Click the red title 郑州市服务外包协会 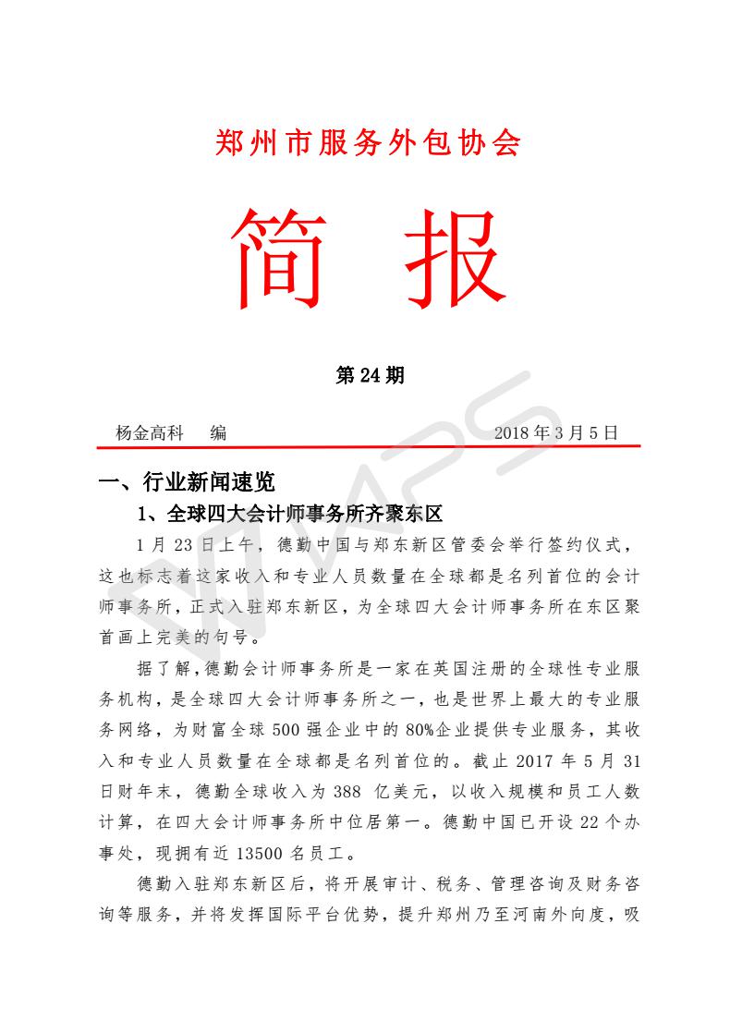(368, 142)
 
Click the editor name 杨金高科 (150, 432)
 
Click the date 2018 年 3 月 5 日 (555, 432)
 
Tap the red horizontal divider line (368, 447)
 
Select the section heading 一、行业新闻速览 (187, 481)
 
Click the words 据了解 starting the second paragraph (164, 668)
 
